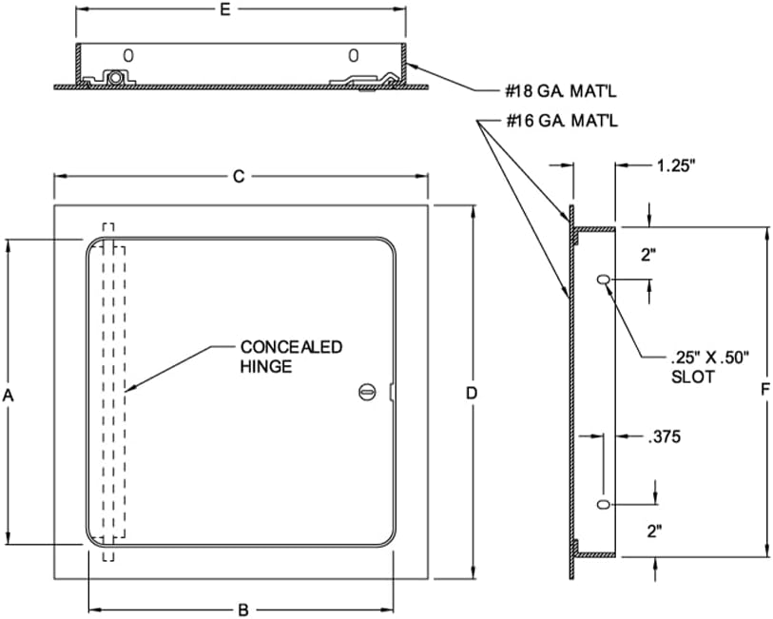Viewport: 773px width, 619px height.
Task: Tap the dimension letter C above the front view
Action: (x=240, y=176)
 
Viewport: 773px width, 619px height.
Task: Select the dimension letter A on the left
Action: (x=8, y=394)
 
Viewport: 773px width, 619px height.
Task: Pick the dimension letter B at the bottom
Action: (x=242, y=609)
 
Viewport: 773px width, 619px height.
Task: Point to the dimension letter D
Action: (x=471, y=393)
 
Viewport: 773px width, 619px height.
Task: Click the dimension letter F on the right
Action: (x=765, y=393)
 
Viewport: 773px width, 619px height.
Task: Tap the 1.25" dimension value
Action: (x=676, y=165)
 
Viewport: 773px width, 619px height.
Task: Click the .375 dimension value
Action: (x=664, y=437)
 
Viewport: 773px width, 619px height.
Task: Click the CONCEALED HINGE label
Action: (x=291, y=357)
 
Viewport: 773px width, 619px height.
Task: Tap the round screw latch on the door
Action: (x=368, y=392)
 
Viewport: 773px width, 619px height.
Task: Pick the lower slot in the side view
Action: (x=603, y=504)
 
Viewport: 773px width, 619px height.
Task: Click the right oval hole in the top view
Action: (x=353, y=54)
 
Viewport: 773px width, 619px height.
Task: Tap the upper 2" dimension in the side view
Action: (x=648, y=254)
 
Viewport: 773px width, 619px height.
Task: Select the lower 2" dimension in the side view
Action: (x=654, y=532)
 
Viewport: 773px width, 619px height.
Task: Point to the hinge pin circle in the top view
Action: (x=115, y=77)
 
